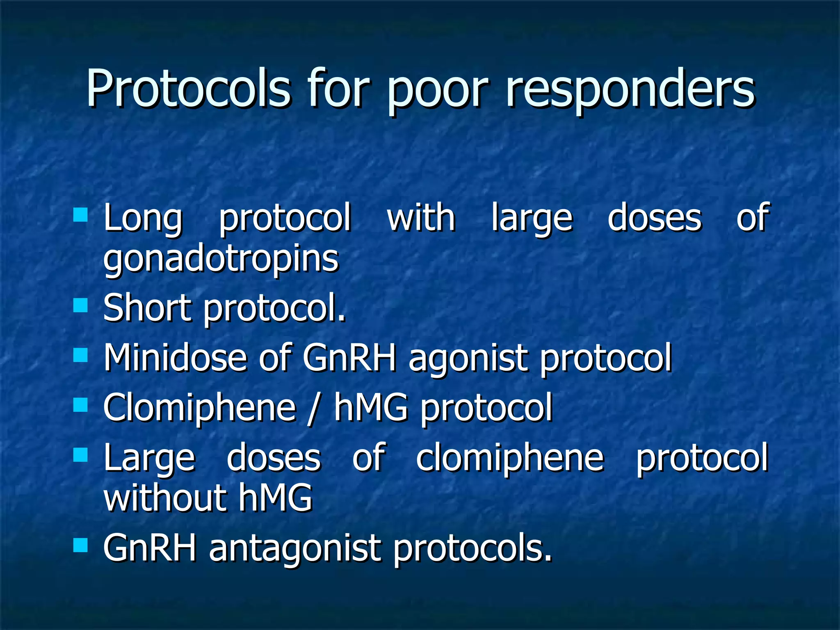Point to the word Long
pyautogui.click(x=142, y=219)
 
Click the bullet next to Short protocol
pyautogui.click(x=80, y=305)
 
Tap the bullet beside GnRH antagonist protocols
pyautogui.click(x=80, y=546)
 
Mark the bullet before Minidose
pyautogui.click(x=80, y=355)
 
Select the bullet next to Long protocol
pyautogui.click(x=80, y=215)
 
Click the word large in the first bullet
pyautogui.click(x=532, y=219)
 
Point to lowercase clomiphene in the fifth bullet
pyautogui.click(x=510, y=458)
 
